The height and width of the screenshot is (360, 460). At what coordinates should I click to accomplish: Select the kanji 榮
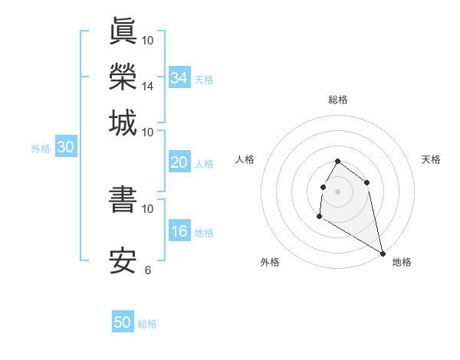(x=123, y=77)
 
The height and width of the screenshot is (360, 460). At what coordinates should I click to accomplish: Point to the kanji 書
(x=123, y=199)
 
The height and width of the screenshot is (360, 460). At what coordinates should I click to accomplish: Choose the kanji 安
(x=123, y=260)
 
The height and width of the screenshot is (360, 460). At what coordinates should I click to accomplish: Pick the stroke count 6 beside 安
(x=148, y=270)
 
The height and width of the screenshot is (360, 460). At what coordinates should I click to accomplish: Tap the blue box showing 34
(x=179, y=77)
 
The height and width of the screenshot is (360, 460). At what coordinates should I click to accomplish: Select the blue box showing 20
(x=179, y=162)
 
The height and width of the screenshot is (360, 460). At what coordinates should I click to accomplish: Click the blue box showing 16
(x=179, y=231)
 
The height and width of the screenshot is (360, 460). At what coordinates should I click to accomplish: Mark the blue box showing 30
(x=64, y=148)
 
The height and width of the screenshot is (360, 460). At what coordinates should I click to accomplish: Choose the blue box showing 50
(x=123, y=322)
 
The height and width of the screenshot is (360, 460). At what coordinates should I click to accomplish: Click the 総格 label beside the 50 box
(x=147, y=324)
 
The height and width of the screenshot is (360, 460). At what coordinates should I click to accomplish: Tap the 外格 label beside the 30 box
(x=40, y=149)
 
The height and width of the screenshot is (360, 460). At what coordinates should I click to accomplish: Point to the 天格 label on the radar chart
(x=431, y=159)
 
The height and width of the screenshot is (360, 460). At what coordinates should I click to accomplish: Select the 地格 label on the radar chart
(x=402, y=262)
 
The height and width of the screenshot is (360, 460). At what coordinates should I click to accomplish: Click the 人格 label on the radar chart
(x=245, y=159)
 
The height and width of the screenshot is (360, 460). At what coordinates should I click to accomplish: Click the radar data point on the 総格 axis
(x=338, y=162)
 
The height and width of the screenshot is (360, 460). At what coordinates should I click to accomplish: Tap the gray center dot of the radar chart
(x=338, y=191)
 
